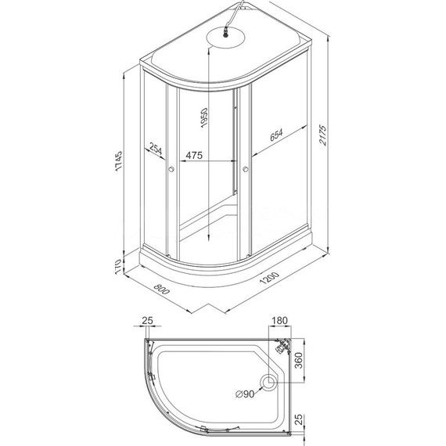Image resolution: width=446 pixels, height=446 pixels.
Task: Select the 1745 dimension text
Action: (120, 164)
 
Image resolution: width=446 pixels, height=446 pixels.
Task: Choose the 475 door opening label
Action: (193, 156)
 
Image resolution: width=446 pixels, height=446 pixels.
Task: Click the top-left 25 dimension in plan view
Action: (149, 321)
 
